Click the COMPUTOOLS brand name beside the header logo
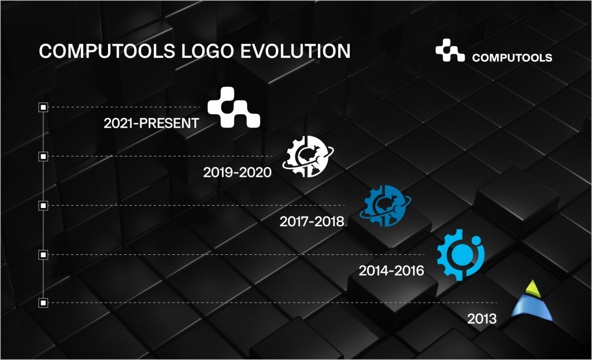pos(512,58)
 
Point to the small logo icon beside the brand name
pos(450,51)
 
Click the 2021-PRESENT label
pos(151,123)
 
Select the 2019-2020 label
pos(237,172)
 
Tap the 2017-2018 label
pos(312,221)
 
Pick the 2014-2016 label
pos(391,270)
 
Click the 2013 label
pos(482,319)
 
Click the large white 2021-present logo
pos(234,108)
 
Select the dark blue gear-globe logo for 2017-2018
pos(384,206)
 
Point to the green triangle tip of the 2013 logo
pos(534,289)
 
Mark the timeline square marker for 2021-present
pos(43,107)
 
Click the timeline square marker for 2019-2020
pos(43,156)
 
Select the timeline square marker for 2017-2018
pos(43,205)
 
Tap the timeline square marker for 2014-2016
pos(43,254)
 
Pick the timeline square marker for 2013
pos(43,303)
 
